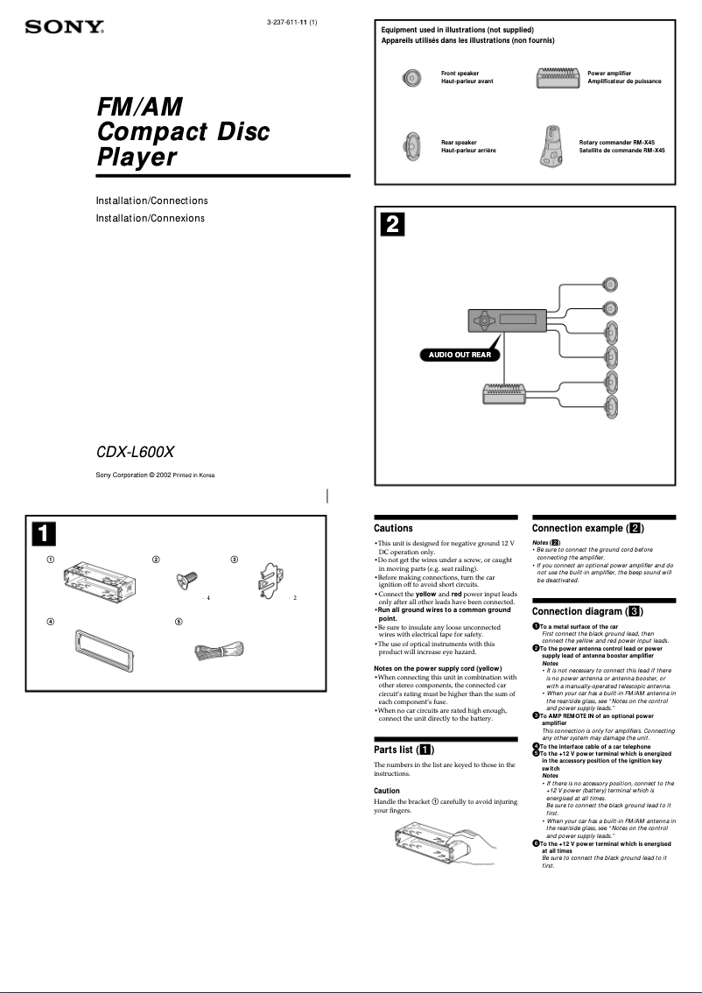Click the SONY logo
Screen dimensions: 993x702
click(64, 27)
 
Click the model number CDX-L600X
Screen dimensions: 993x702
click(135, 453)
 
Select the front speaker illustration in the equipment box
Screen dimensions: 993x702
click(413, 77)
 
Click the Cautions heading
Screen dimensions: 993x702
click(393, 528)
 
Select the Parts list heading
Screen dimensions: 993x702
click(404, 750)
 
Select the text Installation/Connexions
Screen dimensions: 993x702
click(150, 217)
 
